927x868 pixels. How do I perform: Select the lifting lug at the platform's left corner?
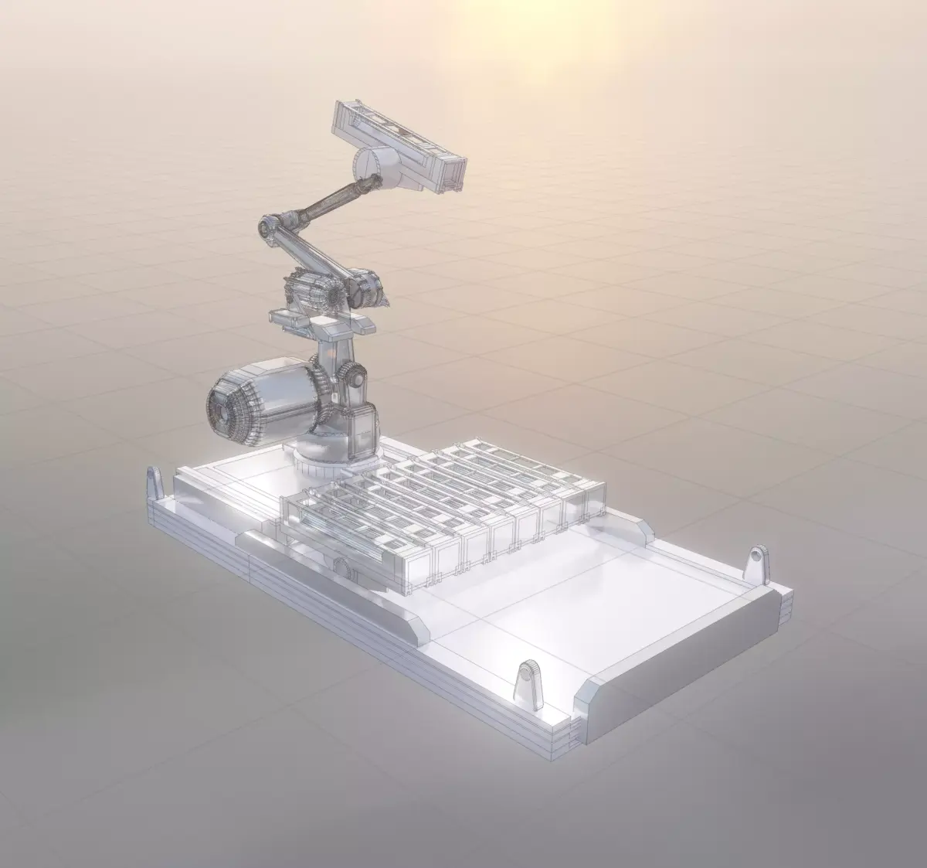click(x=155, y=484)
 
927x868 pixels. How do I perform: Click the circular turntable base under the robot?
click(x=324, y=462)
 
